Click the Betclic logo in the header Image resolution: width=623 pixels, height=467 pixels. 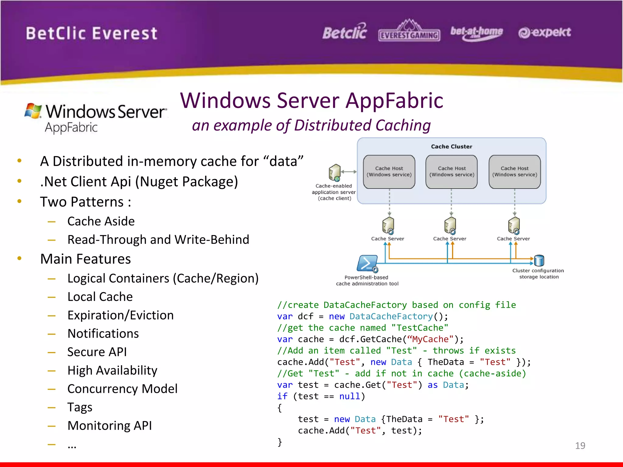(x=344, y=32)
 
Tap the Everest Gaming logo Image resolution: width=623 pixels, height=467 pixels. (x=409, y=31)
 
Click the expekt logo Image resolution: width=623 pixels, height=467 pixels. (x=545, y=32)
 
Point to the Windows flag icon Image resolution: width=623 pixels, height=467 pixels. (x=33, y=111)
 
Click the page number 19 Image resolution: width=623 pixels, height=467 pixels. (x=580, y=445)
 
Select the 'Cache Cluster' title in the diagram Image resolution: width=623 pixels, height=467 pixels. (x=451, y=147)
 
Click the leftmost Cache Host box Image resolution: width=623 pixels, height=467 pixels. (x=389, y=172)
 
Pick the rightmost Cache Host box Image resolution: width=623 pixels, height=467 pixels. (x=514, y=172)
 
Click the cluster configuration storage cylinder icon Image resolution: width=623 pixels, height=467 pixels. (x=539, y=260)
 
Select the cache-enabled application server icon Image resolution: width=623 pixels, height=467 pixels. (x=335, y=172)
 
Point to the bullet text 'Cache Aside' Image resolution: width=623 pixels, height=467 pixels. (x=101, y=221)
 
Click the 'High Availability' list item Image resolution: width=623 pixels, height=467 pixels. (x=112, y=370)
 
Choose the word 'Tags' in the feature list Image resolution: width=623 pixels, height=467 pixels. (x=80, y=407)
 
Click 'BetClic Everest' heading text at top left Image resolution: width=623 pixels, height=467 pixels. (x=91, y=33)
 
